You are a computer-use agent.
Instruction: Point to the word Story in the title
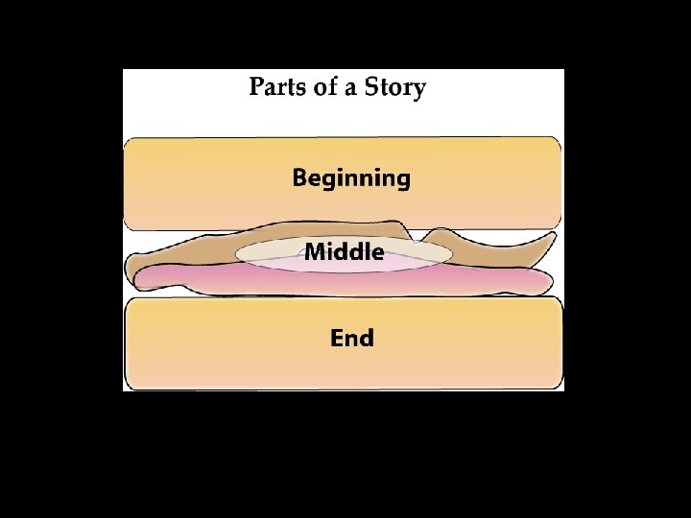point(393,89)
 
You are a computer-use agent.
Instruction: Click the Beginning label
point(351,178)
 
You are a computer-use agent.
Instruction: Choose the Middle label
point(345,253)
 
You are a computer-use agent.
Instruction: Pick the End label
point(351,338)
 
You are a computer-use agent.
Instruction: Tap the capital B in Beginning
point(300,177)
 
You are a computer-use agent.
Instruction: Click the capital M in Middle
point(315,252)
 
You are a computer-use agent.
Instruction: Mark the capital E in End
point(337,338)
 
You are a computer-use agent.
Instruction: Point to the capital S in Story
point(370,88)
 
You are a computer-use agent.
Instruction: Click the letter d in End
point(367,338)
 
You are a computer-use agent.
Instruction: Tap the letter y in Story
point(419,91)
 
